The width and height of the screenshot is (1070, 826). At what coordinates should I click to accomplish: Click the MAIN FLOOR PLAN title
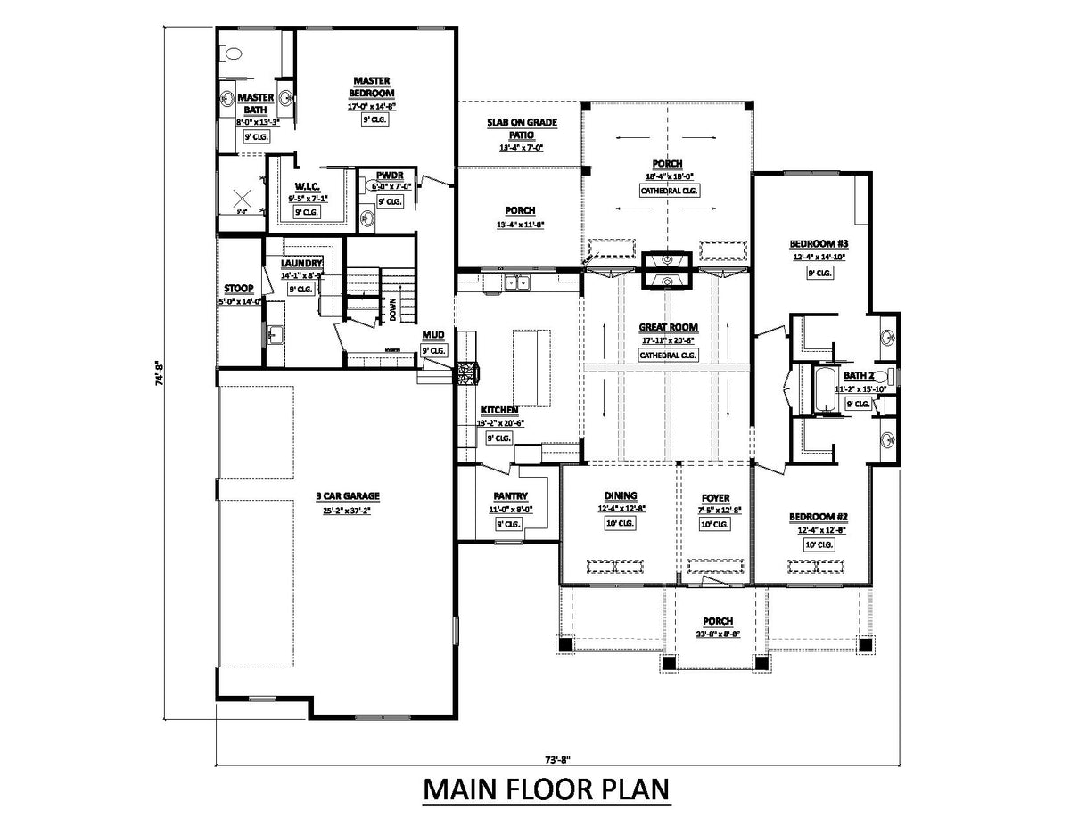pos(545,790)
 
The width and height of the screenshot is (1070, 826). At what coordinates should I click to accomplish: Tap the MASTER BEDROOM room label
pos(372,86)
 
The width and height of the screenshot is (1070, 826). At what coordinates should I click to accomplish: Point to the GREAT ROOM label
pos(668,327)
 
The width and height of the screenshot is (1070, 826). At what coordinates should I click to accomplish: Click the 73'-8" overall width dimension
pos(556,759)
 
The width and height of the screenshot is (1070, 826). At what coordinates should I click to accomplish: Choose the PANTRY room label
pos(511,496)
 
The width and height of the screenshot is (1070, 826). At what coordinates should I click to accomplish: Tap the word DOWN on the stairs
pos(392,308)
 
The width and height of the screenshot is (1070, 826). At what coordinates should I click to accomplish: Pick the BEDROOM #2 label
pos(817,517)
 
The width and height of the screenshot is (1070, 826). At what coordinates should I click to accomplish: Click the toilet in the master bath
pos(233,53)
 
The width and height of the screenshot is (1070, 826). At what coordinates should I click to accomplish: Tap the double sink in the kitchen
pos(514,284)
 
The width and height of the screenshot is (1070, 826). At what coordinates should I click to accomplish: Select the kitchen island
pos(530,366)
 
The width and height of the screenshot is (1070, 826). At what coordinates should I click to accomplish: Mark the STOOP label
pos(238,289)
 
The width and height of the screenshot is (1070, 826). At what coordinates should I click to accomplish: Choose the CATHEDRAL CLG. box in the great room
pos(668,356)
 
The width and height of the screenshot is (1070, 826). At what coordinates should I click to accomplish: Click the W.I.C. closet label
pos(307,185)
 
